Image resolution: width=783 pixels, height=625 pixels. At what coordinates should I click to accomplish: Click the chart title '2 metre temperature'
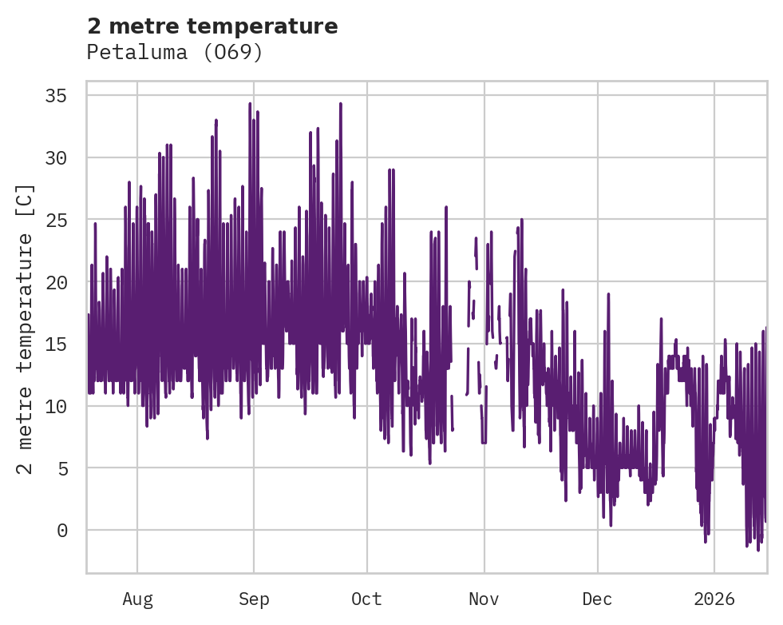coord(212,26)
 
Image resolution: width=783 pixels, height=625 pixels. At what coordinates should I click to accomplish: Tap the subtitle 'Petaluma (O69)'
coord(175,53)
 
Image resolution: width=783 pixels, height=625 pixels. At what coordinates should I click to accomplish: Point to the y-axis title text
coord(26,328)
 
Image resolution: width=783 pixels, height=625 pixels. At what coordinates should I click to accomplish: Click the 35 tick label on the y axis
coord(56,96)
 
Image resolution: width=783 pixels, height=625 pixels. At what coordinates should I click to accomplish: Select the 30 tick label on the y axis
coord(56,158)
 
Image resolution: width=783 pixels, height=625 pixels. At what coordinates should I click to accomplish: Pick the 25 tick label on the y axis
coord(56,220)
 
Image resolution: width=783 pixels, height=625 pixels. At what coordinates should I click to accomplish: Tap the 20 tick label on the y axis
coord(56,282)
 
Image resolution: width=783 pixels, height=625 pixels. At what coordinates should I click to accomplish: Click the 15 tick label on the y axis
coord(56,344)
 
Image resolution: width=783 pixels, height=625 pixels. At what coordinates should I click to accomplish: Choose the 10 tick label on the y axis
coord(56,406)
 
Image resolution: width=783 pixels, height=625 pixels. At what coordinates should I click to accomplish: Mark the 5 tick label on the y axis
coord(61,468)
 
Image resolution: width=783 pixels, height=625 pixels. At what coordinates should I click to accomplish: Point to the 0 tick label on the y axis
coord(61,530)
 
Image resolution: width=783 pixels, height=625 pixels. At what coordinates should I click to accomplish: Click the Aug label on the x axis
coord(137,599)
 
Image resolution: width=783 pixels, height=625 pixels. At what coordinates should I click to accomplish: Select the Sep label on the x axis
coord(254,599)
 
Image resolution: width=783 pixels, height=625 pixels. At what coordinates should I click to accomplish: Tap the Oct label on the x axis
coord(367,599)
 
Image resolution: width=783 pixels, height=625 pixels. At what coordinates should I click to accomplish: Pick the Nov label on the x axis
coord(484,599)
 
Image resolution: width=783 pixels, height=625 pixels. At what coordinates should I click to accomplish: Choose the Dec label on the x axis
coord(597,599)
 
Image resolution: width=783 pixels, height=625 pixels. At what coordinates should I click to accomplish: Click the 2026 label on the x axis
coord(714,599)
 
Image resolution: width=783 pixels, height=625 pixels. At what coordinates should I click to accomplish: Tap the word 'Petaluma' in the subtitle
coord(142,53)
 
